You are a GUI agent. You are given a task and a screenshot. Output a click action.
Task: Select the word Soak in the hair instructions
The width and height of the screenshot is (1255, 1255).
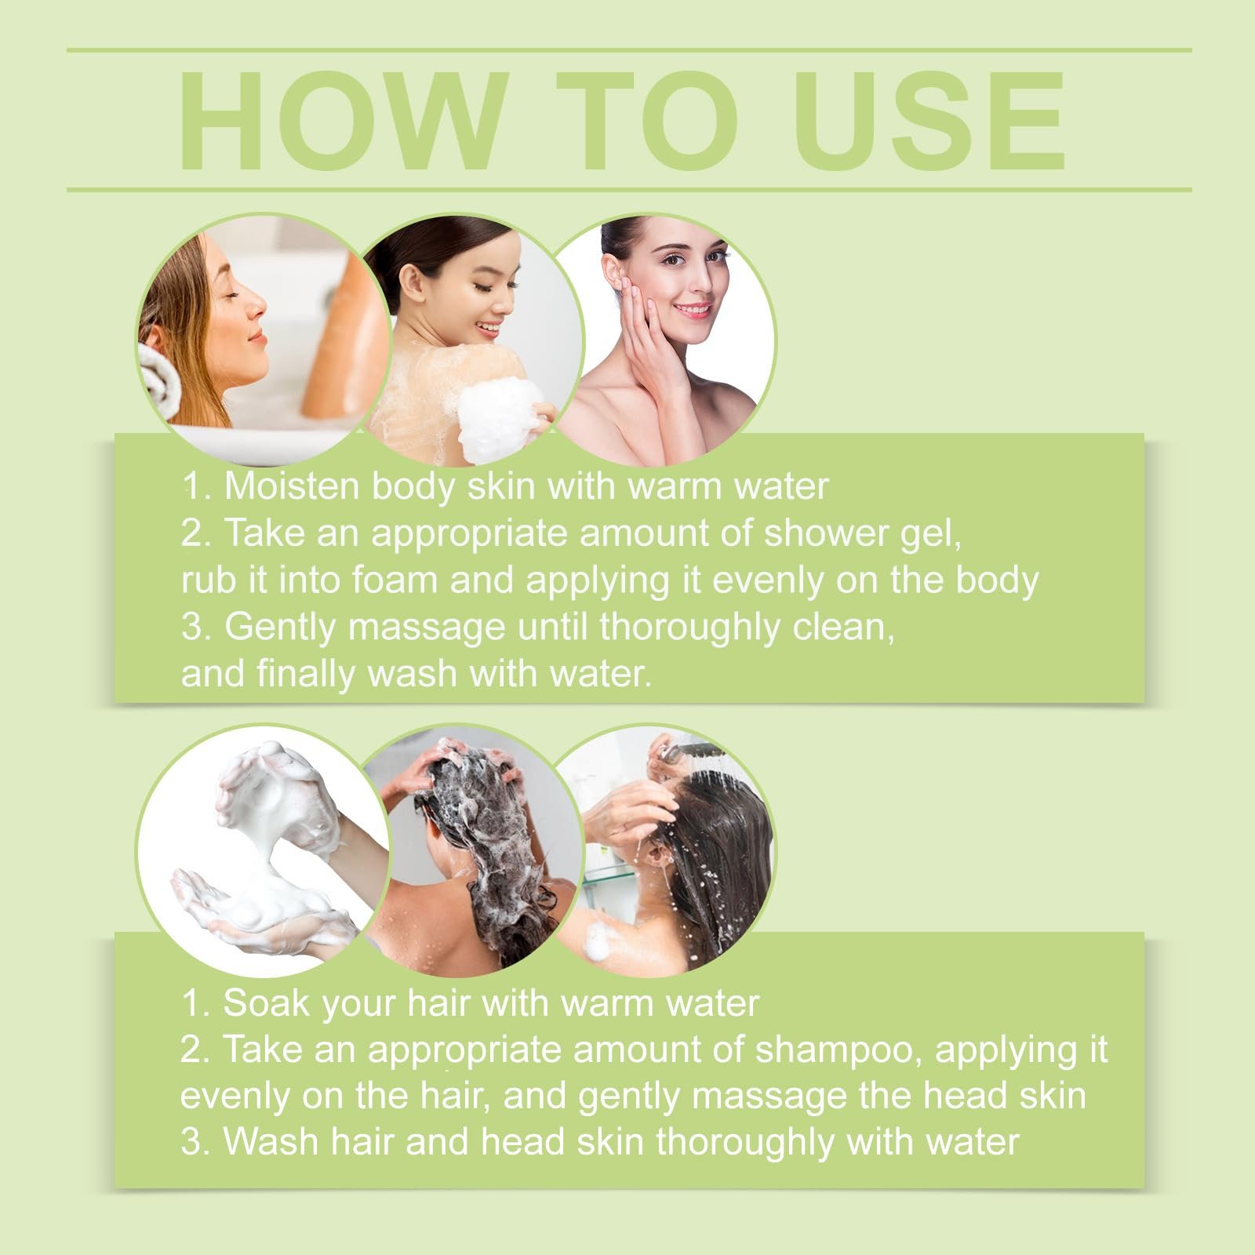coord(257,1003)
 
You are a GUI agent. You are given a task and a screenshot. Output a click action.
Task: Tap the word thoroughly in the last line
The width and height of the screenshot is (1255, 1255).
coord(745,1144)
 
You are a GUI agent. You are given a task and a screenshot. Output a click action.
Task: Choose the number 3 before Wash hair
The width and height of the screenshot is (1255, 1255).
coord(191,1142)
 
